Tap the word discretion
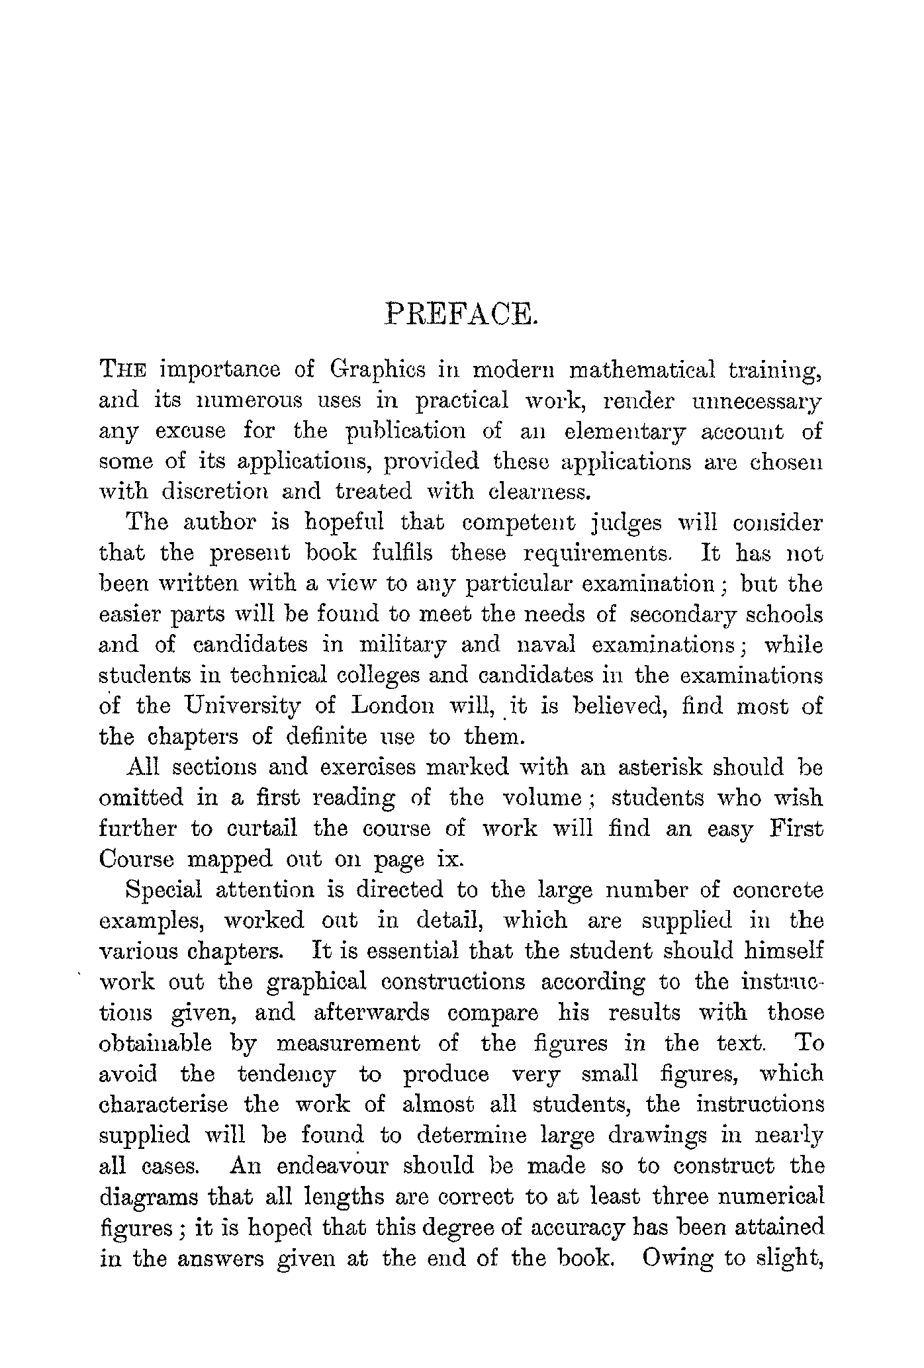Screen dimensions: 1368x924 click(x=214, y=492)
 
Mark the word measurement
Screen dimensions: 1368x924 click(x=347, y=1044)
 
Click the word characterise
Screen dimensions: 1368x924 click(x=163, y=1105)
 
